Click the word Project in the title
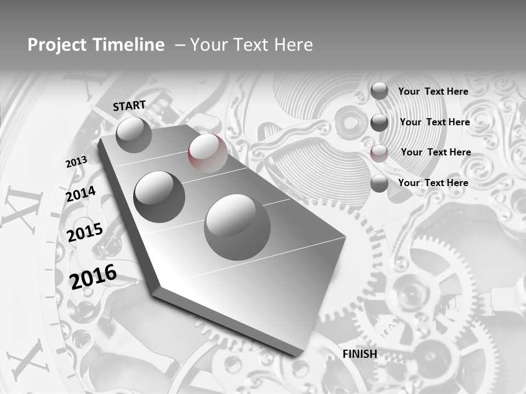55,45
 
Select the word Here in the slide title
293,45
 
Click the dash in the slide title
179,45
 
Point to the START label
129,105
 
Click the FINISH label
359,354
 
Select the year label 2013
76,162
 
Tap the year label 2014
81,194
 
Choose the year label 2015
84,233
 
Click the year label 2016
93,276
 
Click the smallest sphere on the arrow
134,135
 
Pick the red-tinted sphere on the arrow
208,153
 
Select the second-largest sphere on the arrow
159,196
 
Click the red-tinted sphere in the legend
379,153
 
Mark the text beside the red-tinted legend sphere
436,152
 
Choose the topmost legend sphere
379,91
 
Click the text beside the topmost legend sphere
433,91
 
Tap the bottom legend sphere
379,184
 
